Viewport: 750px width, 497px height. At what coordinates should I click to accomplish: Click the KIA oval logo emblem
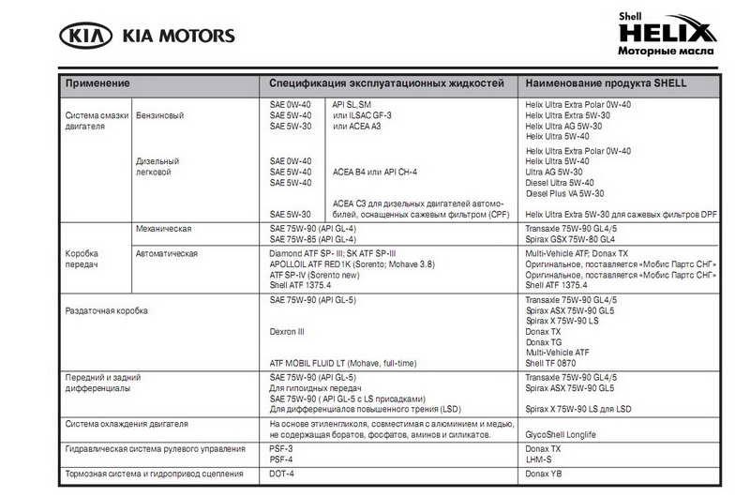point(86,37)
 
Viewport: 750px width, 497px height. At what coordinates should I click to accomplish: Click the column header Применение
point(97,83)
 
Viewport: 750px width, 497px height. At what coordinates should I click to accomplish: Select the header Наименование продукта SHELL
point(606,83)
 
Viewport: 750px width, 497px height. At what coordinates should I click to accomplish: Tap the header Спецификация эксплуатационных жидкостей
point(387,83)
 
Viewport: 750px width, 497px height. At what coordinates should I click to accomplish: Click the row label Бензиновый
point(159,115)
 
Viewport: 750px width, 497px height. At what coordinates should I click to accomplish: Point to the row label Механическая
point(164,229)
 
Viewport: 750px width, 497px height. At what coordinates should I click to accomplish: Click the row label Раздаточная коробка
point(106,309)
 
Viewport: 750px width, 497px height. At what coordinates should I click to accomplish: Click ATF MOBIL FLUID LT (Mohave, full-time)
point(343,363)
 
